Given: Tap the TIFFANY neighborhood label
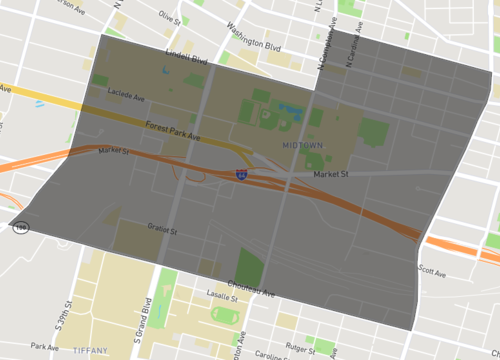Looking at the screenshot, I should pyautogui.click(x=96, y=351).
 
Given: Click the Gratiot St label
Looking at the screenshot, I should pyautogui.click(x=161, y=229).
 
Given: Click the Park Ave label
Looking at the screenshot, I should pyautogui.click(x=45, y=347).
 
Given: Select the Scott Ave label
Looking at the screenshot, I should pyautogui.click(x=432, y=270).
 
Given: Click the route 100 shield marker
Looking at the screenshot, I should pyautogui.click(x=20, y=228).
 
